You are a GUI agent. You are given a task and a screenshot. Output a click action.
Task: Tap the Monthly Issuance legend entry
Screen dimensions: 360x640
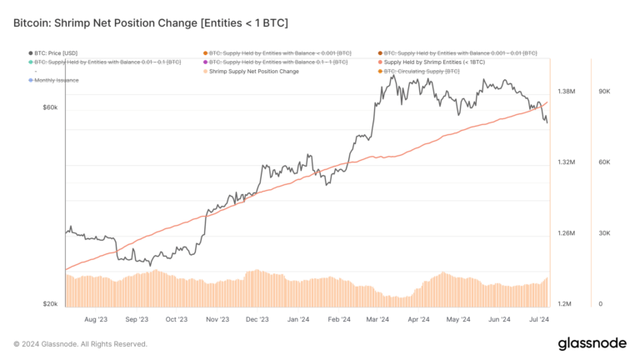(57, 80)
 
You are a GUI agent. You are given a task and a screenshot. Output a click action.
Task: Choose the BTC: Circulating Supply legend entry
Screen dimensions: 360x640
(421, 71)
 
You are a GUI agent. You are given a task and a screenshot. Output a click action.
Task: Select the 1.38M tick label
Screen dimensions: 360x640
(567, 91)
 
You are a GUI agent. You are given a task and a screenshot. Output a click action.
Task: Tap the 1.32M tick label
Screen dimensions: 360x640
(567, 162)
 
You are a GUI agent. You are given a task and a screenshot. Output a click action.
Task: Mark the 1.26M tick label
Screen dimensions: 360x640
(567, 233)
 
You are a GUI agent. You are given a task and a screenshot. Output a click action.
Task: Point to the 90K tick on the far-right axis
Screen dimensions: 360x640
(607, 91)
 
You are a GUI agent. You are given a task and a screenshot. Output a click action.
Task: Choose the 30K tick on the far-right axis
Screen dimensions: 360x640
(607, 233)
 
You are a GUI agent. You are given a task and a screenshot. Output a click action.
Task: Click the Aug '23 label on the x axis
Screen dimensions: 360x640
(96, 319)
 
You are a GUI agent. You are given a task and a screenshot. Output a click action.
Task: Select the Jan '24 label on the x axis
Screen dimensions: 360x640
(297, 319)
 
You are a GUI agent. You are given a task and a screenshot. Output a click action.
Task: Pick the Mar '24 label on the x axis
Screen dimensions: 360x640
(378, 319)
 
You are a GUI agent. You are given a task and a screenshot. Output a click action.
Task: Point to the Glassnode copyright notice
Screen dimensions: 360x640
(80, 343)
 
